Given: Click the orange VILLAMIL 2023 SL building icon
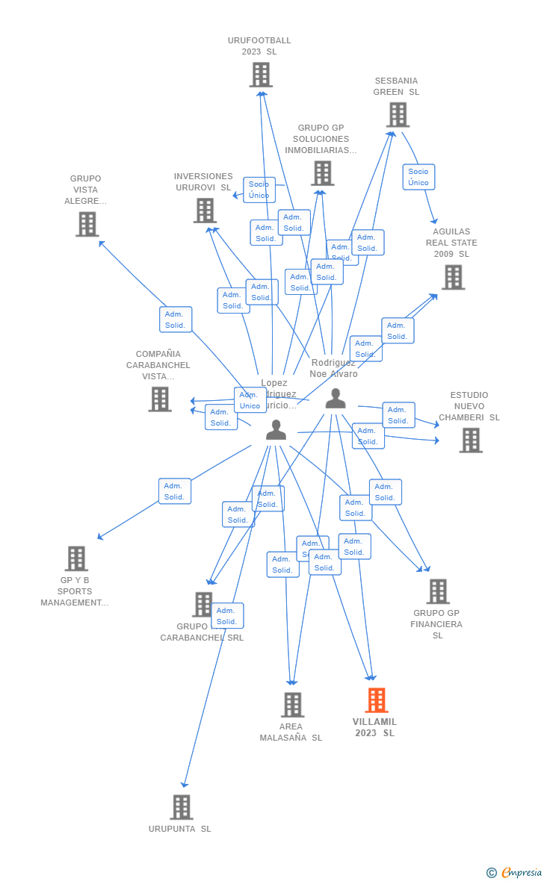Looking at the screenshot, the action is pos(377,700).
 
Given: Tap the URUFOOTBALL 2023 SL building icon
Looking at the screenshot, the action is pos(261,75).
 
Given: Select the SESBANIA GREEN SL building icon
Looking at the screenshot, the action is pos(398,115).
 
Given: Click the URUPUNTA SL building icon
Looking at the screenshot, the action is pos(182,807).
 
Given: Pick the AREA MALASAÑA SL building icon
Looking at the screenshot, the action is pos(292,705).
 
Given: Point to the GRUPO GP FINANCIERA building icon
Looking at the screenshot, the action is pos(438,591).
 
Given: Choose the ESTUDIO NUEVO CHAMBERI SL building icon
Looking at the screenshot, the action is pos(471,441).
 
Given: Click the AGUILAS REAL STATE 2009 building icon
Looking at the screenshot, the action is pos(453,277).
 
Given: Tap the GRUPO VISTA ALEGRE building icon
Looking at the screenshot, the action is pos(87,224).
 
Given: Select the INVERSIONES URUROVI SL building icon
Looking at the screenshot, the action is pos(205,211).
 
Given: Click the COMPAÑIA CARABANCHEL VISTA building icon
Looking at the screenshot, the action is pos(160,399).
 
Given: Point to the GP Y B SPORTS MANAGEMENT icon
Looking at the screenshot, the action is pos(76,558).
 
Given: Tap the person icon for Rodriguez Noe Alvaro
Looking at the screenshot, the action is pos(336,399).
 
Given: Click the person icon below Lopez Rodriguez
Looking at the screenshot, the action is pos(276,430).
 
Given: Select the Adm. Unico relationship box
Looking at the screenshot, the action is pos(250,400).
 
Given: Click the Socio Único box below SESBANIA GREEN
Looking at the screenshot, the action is pos(418,177).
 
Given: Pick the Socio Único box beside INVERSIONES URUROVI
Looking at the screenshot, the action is pos(259,190).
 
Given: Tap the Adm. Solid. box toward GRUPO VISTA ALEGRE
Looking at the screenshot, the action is pos(176,320).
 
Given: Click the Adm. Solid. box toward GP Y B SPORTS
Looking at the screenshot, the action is pos(175,491).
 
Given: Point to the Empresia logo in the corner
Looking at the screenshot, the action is pos(515,872).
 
